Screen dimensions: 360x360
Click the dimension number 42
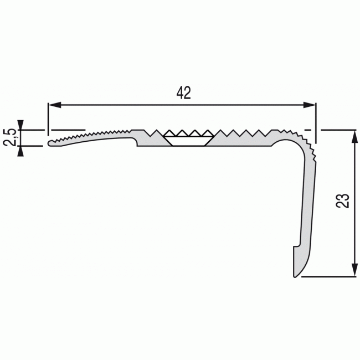(184, 93)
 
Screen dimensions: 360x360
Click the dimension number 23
(342, 201)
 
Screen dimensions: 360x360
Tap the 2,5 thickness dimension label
(9, 137)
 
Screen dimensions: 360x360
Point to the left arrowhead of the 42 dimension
(55, 105)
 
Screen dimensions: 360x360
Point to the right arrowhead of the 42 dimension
(309, 105)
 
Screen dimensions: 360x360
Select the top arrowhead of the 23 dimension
(354, 136)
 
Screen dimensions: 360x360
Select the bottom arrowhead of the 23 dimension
(354, 270)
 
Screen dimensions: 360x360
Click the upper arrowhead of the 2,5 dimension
(20, 125)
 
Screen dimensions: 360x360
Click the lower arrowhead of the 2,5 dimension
(20, 151)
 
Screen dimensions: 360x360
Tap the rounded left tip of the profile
(50, 143)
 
